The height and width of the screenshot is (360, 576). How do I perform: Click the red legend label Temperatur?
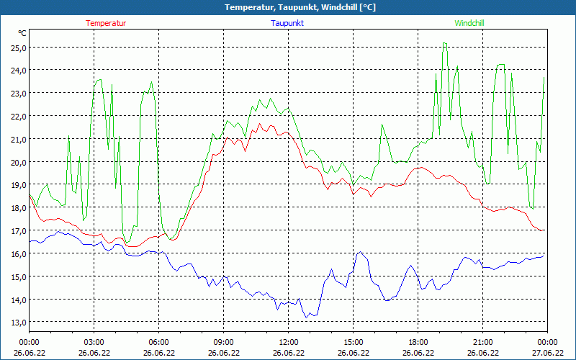click(106, 23)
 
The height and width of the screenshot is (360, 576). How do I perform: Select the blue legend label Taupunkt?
click(287, 23)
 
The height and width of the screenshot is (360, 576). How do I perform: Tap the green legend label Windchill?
click(469, 23)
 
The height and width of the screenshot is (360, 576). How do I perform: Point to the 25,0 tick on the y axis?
click(18, 48)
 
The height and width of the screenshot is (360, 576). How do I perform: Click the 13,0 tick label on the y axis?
click(18, 322)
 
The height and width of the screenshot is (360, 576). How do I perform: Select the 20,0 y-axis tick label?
click(18, 162)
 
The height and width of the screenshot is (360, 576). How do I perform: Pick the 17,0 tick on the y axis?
click(18, 230)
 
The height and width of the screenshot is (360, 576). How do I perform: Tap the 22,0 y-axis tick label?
click(18, 116)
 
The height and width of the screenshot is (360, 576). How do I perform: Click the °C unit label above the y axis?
click(22, 33)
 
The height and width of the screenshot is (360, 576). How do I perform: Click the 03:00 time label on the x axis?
click(94, 342)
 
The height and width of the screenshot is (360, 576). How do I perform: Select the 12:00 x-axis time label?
click(288, 342)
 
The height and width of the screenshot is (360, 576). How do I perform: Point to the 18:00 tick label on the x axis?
click(418, 342)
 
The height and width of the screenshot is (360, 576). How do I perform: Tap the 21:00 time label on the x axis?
click(482, 342)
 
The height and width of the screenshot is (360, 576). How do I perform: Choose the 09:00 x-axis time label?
click(223, 342)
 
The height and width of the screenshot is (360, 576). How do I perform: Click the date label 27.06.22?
click(547, 353)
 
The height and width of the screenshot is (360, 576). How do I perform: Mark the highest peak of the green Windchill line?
click(445, 43)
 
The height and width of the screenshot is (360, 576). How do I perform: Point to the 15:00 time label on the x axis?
click(353, 342)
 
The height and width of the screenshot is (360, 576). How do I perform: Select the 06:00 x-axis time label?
click(158, 342)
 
